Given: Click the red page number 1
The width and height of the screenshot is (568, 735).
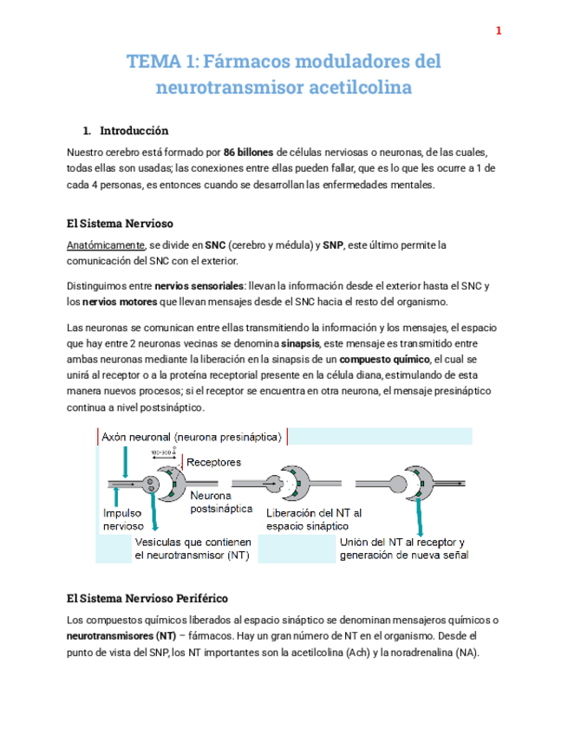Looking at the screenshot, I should [x=499, y=31].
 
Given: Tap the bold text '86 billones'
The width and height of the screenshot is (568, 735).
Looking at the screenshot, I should [x=250, y=153].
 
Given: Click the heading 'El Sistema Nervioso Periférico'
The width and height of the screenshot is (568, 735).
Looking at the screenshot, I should [x=147, y=598].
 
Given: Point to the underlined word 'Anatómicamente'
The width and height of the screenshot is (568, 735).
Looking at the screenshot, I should [x=104, y=245].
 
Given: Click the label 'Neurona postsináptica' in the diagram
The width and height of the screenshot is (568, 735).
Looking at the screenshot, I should [x=221, y=502].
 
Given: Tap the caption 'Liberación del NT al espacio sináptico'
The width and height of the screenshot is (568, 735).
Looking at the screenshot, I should [x=314, y=518].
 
